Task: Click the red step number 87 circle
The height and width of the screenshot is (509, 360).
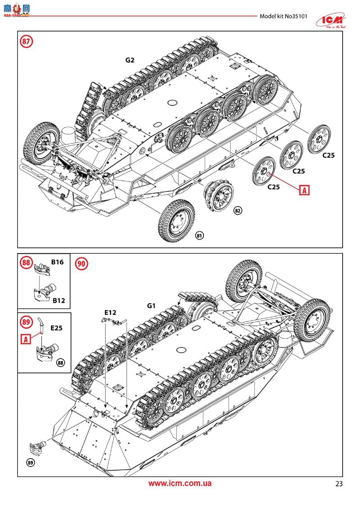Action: click(27, 42)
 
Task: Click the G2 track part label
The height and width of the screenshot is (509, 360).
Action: click(130, 60)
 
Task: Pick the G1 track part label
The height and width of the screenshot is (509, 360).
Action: click(151, 306)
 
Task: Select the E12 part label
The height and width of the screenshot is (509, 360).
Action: click(110, 312)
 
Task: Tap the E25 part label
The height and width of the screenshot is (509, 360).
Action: click(56, 328)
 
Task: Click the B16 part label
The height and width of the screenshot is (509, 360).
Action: click(57, 261)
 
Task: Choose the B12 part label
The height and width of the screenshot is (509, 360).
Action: click(58, 300)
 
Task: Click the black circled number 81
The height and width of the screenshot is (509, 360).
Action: click(199, 235)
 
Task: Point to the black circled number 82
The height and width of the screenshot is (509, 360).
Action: click(237, 211)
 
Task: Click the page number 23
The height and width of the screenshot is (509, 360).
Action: click(338, 484)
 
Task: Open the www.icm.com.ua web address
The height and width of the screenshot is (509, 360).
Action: click(180, 483)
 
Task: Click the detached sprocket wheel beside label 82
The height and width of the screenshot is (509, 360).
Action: click(220, 197)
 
